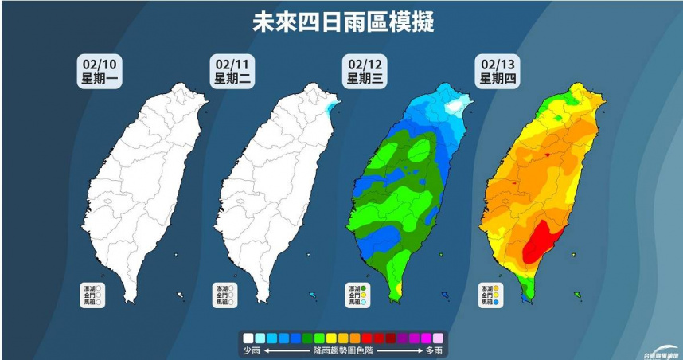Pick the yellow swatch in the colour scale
pos(332,338)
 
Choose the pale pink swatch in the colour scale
pos(438,338)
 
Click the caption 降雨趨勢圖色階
pos(343,350)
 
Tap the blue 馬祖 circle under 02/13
pos(497,303)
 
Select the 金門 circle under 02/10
pos(99,295)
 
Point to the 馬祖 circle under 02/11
pos(232,303)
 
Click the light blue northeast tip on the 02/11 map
pos(332,104)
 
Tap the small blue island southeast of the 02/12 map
pos(444,295)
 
